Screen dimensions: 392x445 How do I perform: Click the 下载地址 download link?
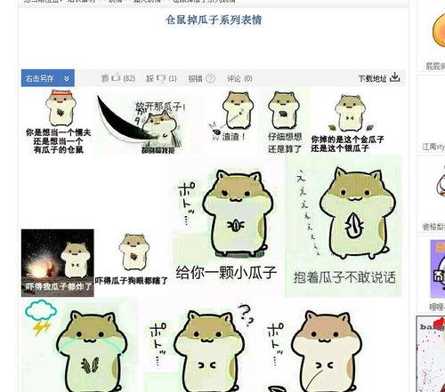pyautogui.click(x=373, y=78)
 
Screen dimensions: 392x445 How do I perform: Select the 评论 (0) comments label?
pyautogui.click(x=239, y=78)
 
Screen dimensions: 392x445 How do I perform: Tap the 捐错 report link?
pyautogui.click(x=195, y=78)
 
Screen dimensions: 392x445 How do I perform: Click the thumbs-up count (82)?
pyautogui.click(x=128, y=78)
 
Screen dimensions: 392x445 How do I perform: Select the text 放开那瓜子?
pyautogui.click(x=159, y=107)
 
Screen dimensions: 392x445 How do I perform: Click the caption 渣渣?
pyautogui.click(x=234, y=137)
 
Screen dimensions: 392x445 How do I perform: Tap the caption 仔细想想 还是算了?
pyautogui.click(x=285, y=142)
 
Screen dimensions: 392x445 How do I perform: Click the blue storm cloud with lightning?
pyautogui.click(x=40, y=315)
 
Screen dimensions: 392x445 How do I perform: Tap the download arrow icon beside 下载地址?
pyautogui.click(x=395, y=77)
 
